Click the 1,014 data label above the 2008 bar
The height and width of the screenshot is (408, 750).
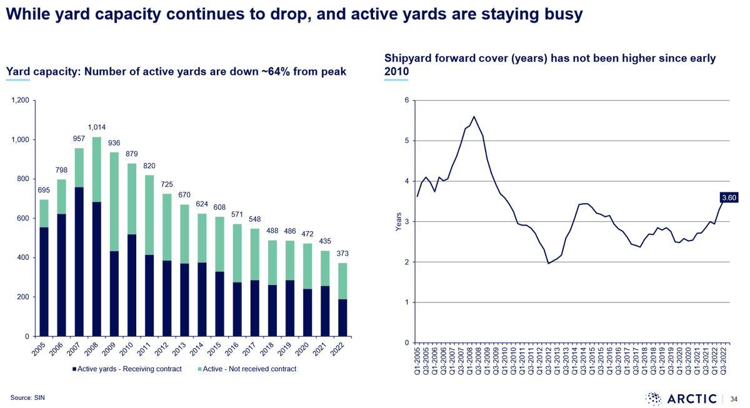point(97,127)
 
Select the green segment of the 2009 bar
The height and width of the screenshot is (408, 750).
point(114,201)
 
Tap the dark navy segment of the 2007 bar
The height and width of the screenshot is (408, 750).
point(79,261)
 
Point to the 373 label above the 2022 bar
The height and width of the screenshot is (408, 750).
point(342,254)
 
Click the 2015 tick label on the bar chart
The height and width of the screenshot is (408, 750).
point(214,349)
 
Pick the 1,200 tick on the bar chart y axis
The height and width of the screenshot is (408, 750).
point(21,100)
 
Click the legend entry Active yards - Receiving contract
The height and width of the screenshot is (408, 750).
point(127,369)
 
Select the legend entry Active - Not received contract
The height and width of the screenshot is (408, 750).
point(247,369)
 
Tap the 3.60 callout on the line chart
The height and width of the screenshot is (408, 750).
point(729,198)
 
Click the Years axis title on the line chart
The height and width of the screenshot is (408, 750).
point(399,222)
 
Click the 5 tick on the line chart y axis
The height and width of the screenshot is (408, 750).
point(407,141)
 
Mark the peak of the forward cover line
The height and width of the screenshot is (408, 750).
point(474,116)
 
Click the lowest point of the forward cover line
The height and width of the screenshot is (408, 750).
point(549,264)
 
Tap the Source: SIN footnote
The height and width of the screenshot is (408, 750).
point(27,397)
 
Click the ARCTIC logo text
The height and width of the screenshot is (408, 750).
point(692,399)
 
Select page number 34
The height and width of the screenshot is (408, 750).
point(734,399)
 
